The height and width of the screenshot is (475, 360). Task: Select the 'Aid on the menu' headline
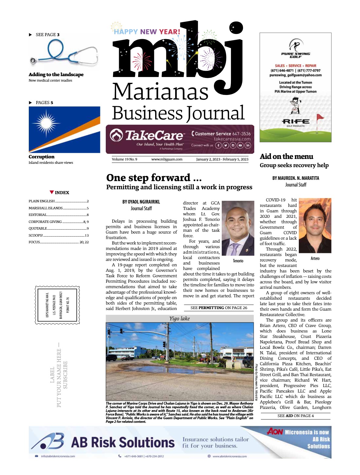coord(286,157)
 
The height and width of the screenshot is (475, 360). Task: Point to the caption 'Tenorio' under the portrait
coord(238,261)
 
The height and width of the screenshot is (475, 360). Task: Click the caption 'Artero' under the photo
coord(315,258)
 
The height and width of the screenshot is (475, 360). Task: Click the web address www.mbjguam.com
coord(167,159)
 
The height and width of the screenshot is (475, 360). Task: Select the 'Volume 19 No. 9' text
coord(124,159)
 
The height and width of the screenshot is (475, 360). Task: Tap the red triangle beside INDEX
coord(52,192)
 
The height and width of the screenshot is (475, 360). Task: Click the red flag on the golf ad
coord(320,117)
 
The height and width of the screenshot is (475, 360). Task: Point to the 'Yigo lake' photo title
coord(179,318)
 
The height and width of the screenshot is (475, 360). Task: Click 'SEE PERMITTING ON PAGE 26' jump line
coord(218,308)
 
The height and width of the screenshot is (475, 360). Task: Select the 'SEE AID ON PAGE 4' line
coord(295,416)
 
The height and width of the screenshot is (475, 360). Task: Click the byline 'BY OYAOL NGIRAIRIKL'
coord(141,202)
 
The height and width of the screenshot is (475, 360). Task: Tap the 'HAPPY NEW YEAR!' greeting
coord(147,32)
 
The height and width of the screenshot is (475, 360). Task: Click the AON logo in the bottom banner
coord(275,431)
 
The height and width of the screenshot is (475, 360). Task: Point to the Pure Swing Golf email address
coord(295,75)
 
